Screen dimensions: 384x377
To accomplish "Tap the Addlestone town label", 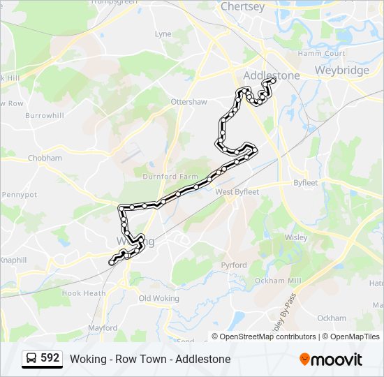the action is tap(272, 75).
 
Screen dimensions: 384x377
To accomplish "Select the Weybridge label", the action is tap(341, 71).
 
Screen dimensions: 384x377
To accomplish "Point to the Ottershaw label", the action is tap(189, 102).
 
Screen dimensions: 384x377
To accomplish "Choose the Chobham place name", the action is tap(45, 158).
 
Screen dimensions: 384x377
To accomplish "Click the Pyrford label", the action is tap(233, 265).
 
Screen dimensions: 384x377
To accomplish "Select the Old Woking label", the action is tap(159, 298).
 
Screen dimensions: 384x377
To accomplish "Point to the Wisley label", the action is tap(296, 237).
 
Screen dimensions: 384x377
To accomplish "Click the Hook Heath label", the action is tap(84, 294).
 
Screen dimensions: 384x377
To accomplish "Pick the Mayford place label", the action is tap(103, 327).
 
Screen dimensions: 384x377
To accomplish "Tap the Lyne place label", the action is tap(163, 34).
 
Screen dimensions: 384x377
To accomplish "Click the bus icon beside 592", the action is tap(31, 359).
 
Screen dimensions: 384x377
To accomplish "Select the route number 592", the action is tap(50, 358).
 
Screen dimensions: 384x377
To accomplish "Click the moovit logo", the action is tap(331, 360).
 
